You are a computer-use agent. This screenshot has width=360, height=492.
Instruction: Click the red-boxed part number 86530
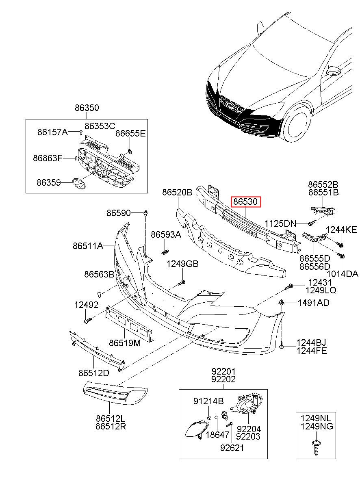click(x=245, y=202)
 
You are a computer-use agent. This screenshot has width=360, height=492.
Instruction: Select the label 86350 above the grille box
click(x=87, y=108)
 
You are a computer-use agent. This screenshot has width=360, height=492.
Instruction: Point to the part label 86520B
click(x=177, y=193)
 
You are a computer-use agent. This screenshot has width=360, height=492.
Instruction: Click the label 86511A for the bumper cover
click(x=88, y=246)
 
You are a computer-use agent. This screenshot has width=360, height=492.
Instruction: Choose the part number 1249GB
click(x=182, y=264)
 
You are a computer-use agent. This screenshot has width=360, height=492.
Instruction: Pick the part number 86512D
click(x=93, y=373)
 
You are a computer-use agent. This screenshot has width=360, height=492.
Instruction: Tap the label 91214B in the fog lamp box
click(x=208, y=401)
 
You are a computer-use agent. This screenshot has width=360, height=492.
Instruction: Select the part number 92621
click(x=232, y=448)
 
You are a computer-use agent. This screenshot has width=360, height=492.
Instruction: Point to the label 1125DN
click(x=280, y=223)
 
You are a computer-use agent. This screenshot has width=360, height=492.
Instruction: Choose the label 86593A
click(x=166, y=234)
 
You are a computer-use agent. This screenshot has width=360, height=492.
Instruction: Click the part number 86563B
click(x=99, y=275)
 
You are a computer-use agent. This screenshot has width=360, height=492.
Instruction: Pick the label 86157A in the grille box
click(x=52, y=132)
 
